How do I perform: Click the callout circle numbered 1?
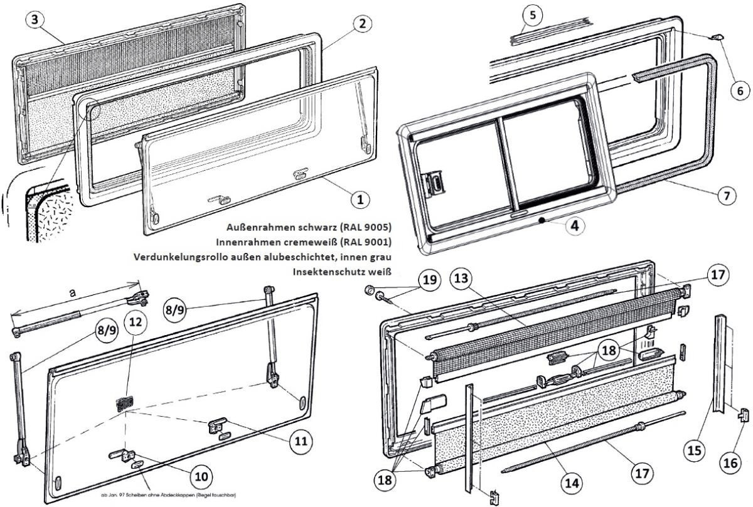click(360, 200)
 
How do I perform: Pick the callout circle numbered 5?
click(532, 14)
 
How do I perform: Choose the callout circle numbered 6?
click(740, 90)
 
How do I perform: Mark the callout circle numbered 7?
click(726, 195)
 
